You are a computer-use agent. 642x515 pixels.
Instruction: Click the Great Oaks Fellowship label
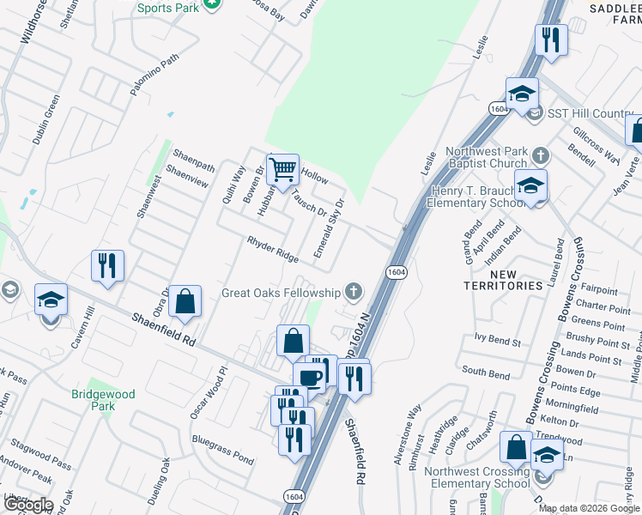pyautogui.click(x=281, y=293)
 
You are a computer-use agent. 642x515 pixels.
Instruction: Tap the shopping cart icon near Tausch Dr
pyautogui.click(x=282, y=171)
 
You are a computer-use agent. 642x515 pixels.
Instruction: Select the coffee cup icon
pyautogui.click(x=310, y=377)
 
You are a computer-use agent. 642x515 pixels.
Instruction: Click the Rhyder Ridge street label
pyautogui.click(x=273, y=250)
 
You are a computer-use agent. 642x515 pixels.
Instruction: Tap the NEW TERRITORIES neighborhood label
pyautogui.click(x=504, y=279)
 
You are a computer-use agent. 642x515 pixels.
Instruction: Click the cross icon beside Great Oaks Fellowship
pyautogui.click(x=353, y=292)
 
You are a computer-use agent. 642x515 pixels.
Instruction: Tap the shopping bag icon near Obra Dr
pyautogui.click(x=185, y=302)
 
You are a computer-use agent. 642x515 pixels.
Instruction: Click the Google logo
pyautogui.click(x=27, y=505)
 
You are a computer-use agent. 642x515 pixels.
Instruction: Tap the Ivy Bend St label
pyautogui.click(x=492, y=342)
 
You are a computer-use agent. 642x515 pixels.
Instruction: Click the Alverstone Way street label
pyautogui.click(x=409, y=434)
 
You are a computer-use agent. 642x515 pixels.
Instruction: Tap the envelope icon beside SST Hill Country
pyautogui.click(x=535, y=114)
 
